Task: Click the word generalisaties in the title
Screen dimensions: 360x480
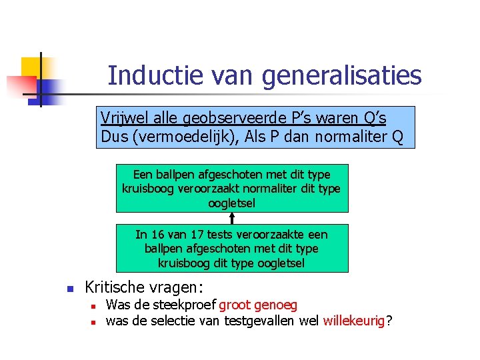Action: pyautogui.click(x=341, y=75)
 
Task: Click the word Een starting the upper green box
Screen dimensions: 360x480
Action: pyautogui.click(x=143, y=175)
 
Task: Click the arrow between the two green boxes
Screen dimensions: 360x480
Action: pyautogui.click(x=232, y=218)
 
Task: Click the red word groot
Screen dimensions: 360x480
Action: pyautogui.click(x=234, y=305)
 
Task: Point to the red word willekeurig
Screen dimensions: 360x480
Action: pyautogui.click(x=354, y=321)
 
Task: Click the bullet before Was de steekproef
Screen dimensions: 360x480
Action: pyautogui.click(x=95, y=306)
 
